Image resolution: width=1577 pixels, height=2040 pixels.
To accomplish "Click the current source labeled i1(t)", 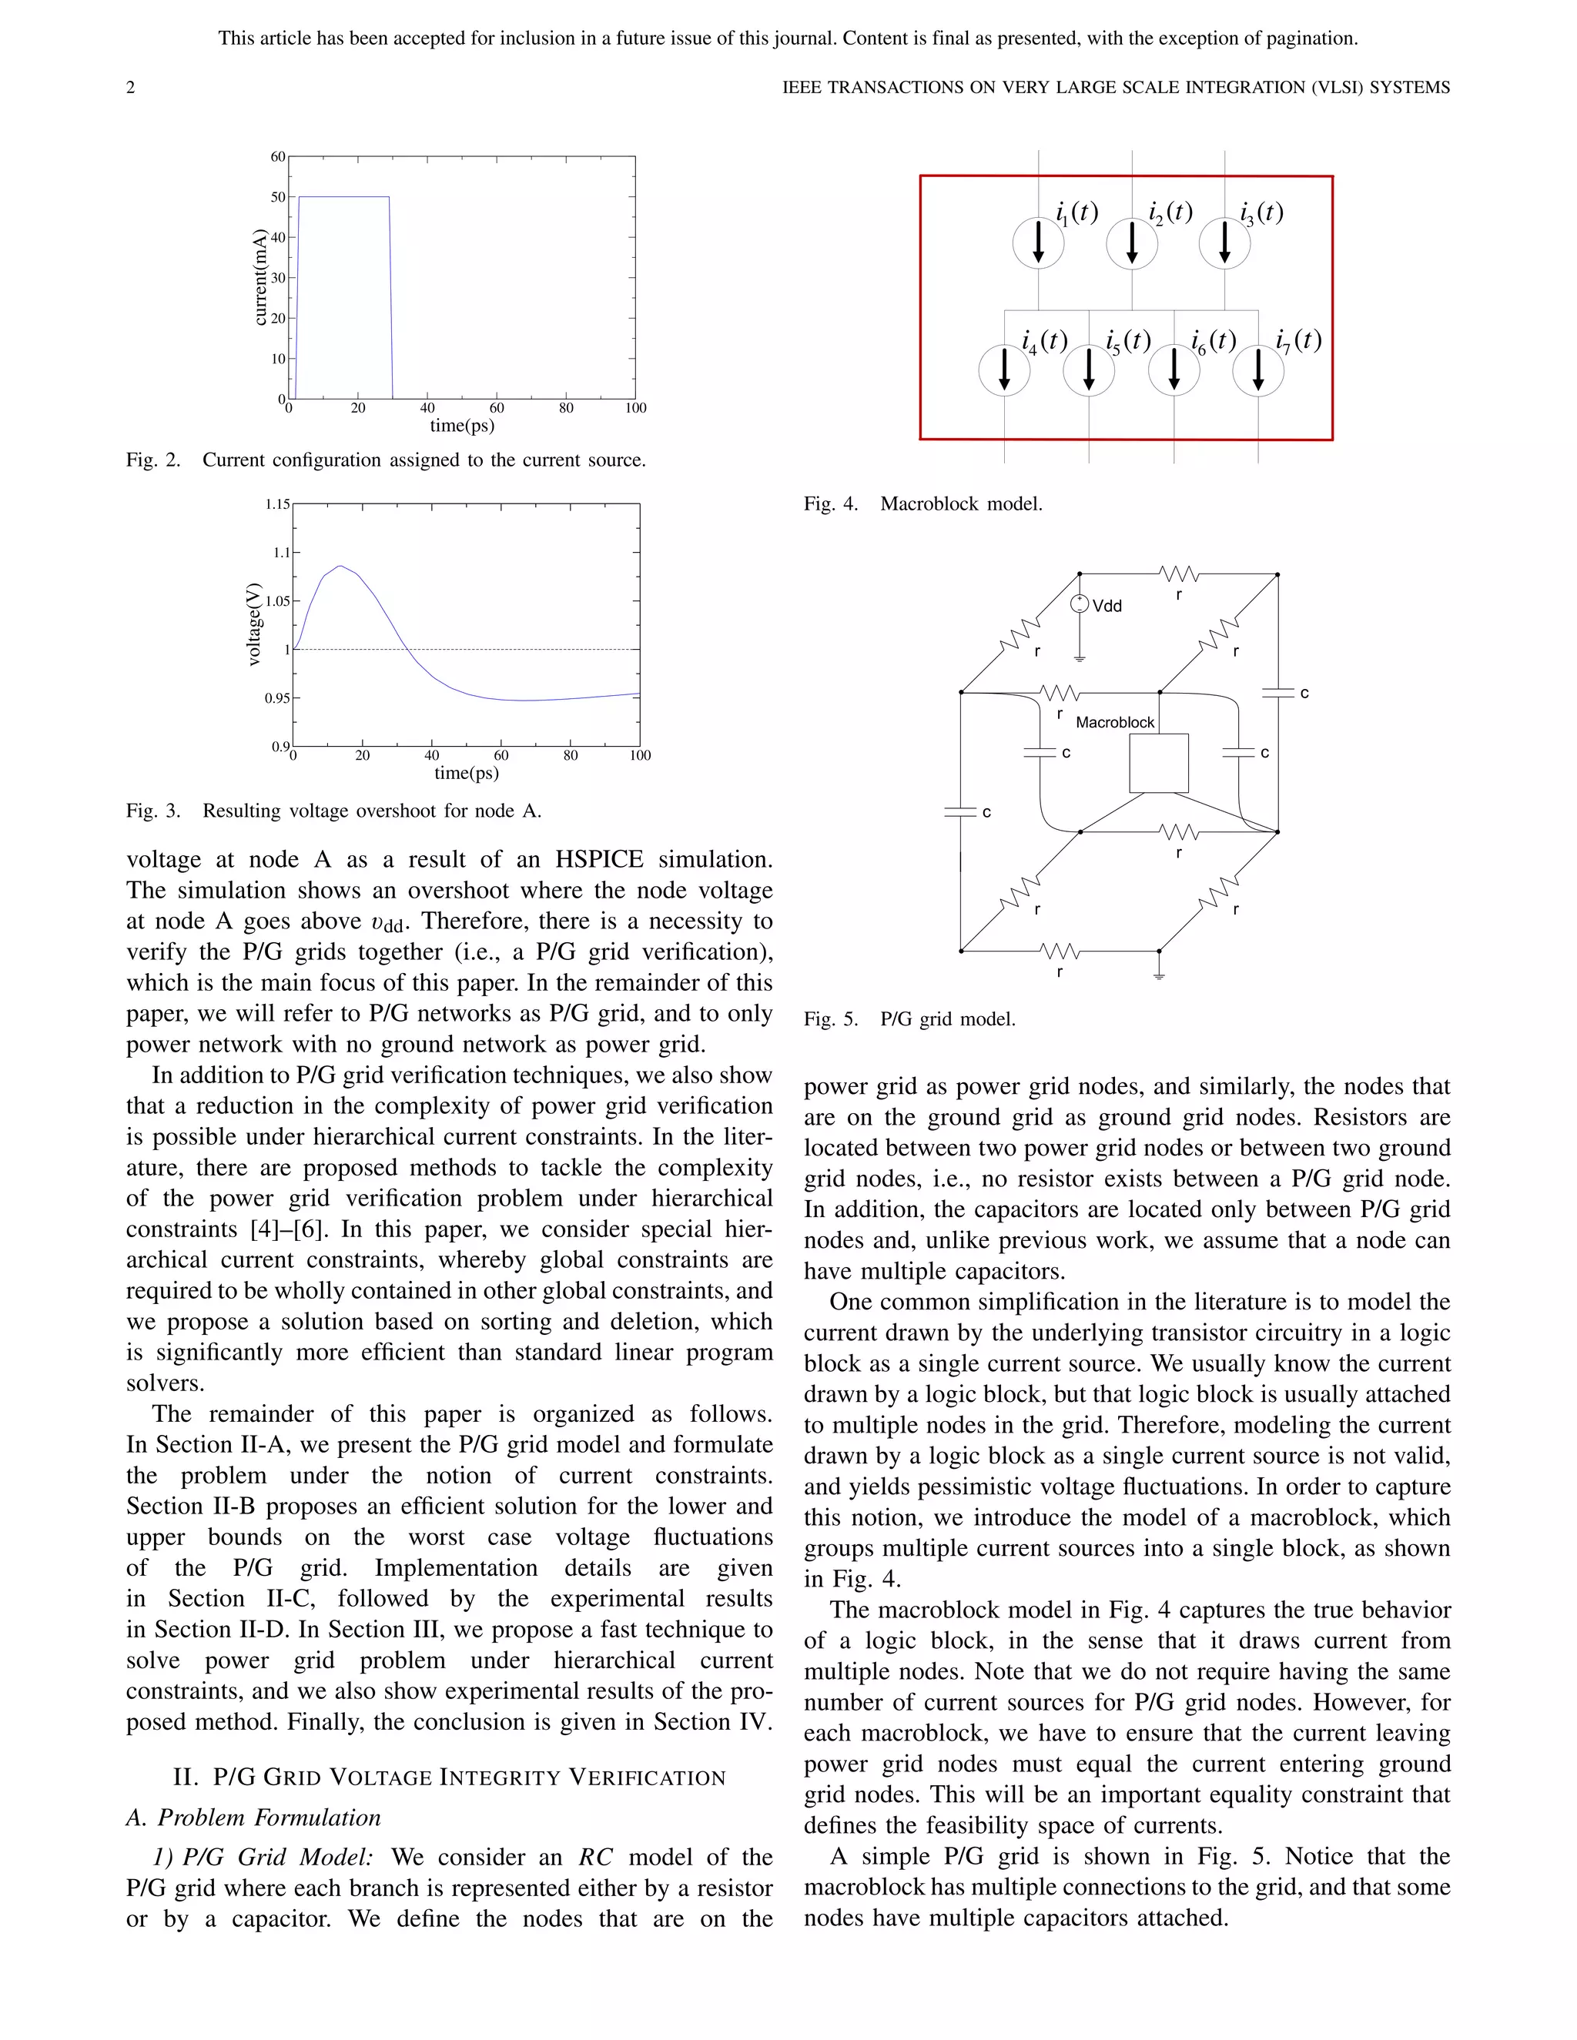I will (x=1038, y=242).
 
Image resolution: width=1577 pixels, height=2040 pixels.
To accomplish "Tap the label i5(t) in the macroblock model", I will (x=1127, y=341).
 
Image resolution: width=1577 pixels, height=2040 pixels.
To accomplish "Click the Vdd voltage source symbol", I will (x=1079, y=604).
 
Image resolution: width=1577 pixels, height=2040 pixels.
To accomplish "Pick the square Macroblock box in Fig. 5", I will (x=1158, y=763).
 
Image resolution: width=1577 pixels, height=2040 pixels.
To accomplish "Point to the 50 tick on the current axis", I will (x=279, y=197).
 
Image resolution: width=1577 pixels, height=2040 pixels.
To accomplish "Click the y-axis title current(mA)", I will (x=261, y=277).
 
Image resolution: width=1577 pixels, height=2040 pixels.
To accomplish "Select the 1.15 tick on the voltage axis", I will (x=277, y=504).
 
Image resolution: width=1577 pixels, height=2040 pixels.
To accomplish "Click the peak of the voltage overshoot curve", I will (x=341, y=566).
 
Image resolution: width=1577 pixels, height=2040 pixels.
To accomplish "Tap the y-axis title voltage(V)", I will (x=253, y=624).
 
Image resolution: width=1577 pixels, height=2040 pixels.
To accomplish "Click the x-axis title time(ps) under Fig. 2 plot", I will (x=461, y=426).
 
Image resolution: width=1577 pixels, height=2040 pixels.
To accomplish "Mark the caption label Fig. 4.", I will (x=831, y=504).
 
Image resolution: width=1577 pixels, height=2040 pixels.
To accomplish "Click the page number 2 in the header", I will (x=131, y=88).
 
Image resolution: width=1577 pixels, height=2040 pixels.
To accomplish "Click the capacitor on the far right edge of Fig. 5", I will (x=1277, y=693).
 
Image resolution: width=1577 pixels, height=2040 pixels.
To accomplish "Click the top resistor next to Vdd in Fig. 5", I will (x=1178, y=574).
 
